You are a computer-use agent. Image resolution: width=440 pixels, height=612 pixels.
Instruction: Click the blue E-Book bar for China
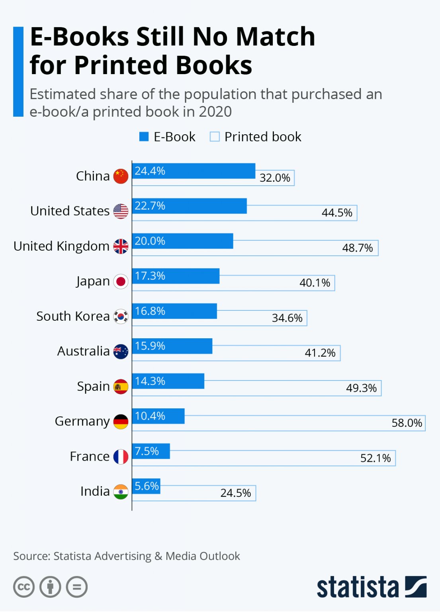point(194,171)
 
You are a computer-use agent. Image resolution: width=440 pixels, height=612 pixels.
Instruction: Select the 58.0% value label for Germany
point(407,423)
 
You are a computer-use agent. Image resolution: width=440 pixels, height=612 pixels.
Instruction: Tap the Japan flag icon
point(121,281)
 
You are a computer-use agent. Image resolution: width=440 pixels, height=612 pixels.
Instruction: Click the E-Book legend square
point(144,137)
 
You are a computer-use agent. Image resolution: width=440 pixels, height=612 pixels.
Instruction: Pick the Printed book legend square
point(215,137)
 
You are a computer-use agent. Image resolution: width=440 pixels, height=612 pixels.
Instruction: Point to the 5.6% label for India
point(147,486)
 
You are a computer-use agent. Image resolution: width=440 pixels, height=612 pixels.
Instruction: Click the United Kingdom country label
point(61,246)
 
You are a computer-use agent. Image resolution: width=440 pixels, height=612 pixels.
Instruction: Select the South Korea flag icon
point(121,316)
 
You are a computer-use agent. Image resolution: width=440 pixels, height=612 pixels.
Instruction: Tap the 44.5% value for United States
point(337,213)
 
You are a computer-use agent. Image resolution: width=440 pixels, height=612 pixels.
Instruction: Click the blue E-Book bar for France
point(151,451)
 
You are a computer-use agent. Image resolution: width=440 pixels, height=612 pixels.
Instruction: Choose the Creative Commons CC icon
point(24,587)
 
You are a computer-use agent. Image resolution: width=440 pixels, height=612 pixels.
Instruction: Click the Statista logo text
point(358,587)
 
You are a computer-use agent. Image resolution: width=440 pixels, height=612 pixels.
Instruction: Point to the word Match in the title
point(275,37)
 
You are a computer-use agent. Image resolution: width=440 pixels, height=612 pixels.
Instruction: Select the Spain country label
point(93,386)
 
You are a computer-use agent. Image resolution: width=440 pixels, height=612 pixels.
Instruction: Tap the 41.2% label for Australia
point(320,353)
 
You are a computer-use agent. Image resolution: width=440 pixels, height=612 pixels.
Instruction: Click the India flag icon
point(121,492)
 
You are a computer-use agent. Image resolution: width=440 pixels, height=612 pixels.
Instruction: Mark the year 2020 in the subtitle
point(215,112)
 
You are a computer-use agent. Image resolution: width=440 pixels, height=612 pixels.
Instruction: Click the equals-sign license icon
point(77,587)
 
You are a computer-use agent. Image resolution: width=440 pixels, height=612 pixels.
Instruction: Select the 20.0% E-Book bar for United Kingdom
point(182,241)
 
